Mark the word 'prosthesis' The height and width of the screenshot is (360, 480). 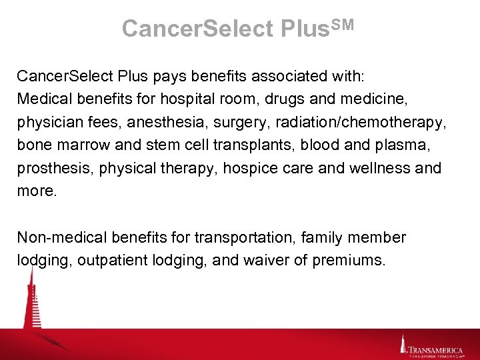tap(55, 168)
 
